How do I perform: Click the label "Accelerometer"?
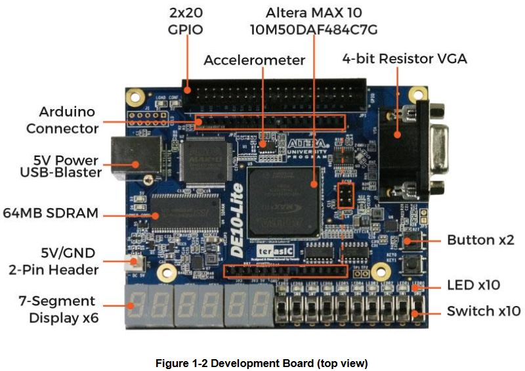(254, 60)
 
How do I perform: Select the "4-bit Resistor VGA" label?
(404, 58)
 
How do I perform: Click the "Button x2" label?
(480, 240)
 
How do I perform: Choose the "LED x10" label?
(473, 285)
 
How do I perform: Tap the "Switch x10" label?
(484, 311)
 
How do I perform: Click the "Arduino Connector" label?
(62, 120)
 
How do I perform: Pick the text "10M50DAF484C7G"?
(314, 30)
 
